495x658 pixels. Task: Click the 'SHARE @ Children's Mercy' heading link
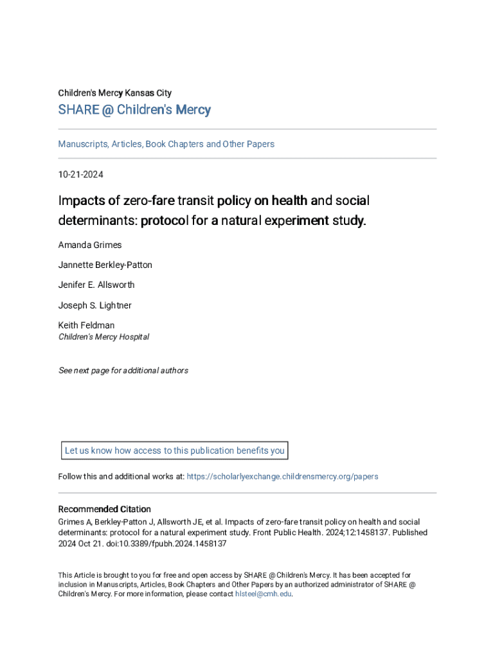click(134, 110)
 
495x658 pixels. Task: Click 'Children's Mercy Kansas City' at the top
click(114, 93)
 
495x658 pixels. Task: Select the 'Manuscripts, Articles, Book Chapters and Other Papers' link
click(166, 144)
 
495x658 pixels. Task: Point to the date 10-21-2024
click(80, 174)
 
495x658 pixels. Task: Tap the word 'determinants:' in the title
click(98, 221)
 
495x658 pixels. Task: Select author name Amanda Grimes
click(89, 245)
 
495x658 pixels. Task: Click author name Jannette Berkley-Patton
click(105, 265)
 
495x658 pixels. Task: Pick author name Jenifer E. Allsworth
click(96, 285)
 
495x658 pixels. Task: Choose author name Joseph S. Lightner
click(94, 305)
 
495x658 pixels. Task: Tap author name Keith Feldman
click(86, 325)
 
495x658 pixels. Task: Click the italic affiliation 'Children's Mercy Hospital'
click(104, 337)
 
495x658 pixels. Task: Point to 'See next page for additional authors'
click(123, 370)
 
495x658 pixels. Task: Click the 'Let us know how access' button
click(174, 450)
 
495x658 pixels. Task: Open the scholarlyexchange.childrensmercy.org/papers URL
click(282, 476)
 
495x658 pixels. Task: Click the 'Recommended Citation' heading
click(104, 509)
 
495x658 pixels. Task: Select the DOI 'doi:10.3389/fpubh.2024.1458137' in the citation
click(174, 543)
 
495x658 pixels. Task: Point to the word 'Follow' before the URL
click(69, 476)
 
